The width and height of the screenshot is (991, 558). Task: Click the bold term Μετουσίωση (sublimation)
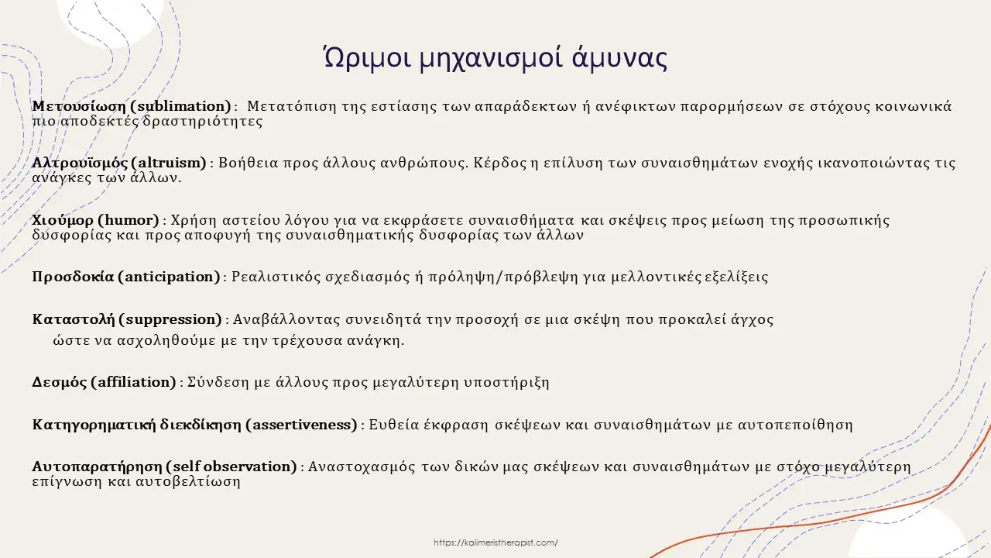pos(132,106)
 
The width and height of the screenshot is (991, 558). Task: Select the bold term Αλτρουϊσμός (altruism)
pos(119,163)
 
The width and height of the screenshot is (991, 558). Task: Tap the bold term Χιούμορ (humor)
pos(96,220)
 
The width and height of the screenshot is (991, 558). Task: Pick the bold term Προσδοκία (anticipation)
pos(125,277)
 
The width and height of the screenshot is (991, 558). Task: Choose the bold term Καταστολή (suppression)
pos(127,319)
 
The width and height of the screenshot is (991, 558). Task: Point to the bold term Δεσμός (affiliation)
pos(104,382)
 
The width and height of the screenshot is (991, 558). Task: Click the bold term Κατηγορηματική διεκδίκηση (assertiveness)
pos(194,425)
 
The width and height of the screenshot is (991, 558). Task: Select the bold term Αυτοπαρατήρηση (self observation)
pos(164,467)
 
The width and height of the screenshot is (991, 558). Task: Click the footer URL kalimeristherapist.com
pos(495,543)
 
